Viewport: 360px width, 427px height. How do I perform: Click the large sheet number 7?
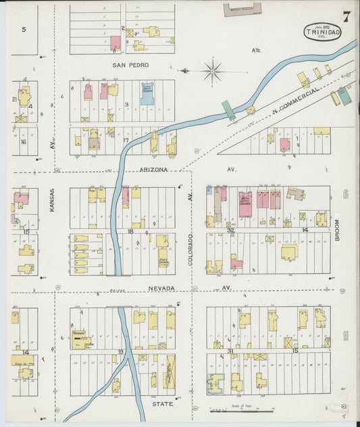[346, 16]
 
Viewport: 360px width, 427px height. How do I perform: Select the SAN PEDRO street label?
[130, 66]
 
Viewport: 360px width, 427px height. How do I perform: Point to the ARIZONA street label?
[153, 170]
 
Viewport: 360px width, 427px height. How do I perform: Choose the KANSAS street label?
[51, 201]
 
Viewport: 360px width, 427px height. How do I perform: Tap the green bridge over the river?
[230, 110]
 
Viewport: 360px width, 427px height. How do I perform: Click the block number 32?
[230, 230]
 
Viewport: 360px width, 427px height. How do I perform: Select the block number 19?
[121, 351]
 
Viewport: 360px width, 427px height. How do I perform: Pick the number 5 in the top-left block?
[24, 29]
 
